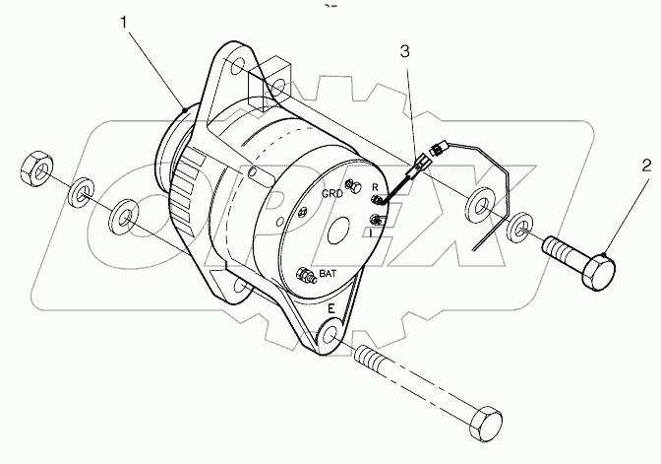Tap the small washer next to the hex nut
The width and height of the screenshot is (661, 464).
[x=82, y=191]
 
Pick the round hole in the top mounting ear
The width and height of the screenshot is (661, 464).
[x=237, y=66]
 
